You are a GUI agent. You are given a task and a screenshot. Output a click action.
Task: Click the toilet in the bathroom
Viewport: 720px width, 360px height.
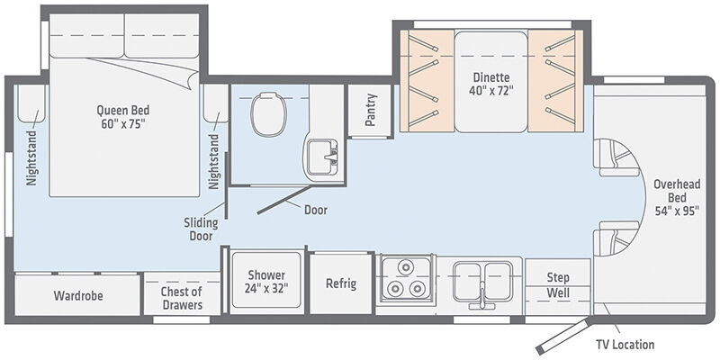269,114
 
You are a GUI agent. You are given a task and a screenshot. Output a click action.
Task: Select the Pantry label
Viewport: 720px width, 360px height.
371,110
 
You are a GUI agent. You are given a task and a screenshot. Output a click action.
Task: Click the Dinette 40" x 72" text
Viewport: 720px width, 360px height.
490,84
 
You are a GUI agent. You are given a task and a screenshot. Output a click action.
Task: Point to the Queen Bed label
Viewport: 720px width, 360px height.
123,117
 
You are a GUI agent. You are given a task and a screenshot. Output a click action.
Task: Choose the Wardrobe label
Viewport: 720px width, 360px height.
78,295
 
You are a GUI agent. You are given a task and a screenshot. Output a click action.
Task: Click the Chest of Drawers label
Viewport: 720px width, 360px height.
182,298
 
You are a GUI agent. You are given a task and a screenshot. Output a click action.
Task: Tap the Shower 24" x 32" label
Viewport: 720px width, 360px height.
266,282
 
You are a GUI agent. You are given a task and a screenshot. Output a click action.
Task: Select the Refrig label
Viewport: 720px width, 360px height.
341,283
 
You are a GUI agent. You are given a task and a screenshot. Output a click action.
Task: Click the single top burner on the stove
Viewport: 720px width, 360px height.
405,267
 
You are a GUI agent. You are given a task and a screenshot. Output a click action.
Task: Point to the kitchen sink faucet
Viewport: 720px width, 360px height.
482,296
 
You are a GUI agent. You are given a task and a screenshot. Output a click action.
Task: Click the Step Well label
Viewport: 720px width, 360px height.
558,284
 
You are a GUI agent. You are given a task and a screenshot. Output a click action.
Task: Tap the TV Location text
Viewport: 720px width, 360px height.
625,344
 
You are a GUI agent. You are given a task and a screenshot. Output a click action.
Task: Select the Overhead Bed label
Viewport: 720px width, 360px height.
677,197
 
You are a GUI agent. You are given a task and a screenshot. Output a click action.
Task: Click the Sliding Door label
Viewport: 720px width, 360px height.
201,229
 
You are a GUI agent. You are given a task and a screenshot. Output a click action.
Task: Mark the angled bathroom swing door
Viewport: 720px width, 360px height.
285,200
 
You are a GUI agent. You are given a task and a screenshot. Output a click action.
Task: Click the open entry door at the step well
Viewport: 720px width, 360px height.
563,336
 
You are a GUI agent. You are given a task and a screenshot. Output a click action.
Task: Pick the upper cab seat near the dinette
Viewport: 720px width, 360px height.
616,157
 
